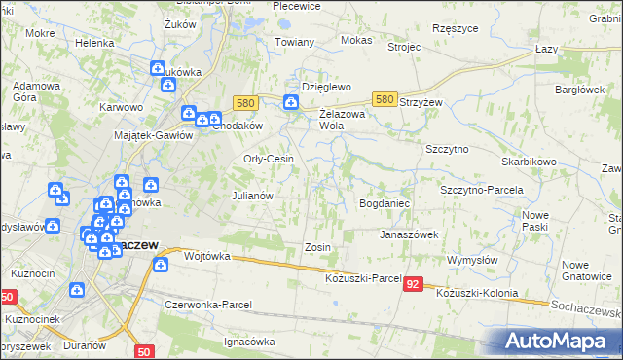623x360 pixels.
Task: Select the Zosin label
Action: tap(318, 247)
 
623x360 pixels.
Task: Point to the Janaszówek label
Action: tap(409, 234)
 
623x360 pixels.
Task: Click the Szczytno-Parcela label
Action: tap(482, 190)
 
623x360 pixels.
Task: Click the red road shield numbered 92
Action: tap(415, 284)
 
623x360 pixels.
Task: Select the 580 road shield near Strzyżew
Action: tap(385, 99)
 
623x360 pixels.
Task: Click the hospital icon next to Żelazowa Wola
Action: tap(290, 102)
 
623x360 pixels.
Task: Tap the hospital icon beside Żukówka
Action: tap(158, 68)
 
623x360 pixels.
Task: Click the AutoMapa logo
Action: tap(562, 340)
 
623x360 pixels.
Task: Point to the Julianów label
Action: tap(251, 195)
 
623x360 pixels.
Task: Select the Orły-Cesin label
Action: tap(268, 160)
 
